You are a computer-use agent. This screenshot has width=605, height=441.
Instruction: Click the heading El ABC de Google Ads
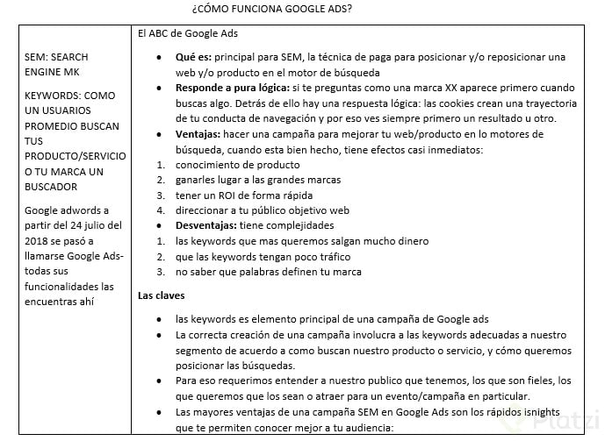(x=188, y=33)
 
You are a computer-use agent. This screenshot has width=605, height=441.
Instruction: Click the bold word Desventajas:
(x=210, y=225)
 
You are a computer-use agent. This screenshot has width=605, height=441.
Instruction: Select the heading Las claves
(x=162, y=295)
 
